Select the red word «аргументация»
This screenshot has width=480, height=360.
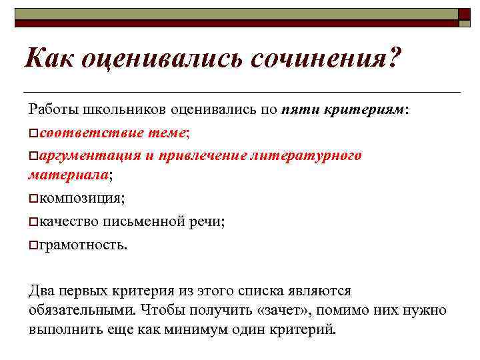87,155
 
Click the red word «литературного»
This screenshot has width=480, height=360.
306,155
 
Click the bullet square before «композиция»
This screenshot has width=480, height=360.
33,198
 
